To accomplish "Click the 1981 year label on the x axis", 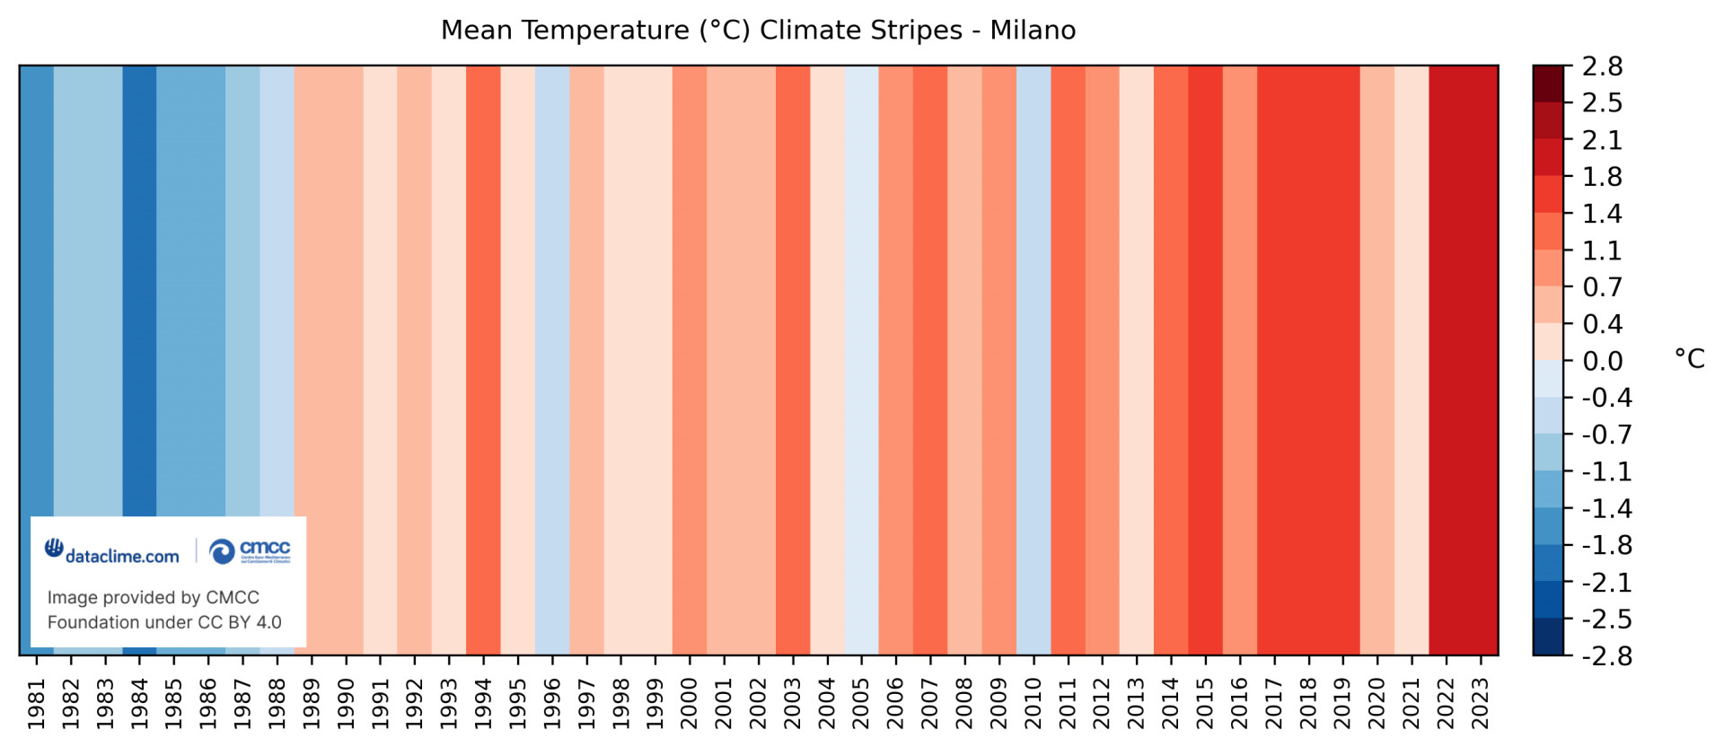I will [37, 703].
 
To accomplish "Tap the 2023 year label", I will [1481, 703].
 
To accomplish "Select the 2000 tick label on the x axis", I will [690, 703].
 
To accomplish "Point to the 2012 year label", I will [1103, 703].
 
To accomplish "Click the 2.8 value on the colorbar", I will [1602, 66].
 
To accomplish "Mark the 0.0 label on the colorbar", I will [1602, 361].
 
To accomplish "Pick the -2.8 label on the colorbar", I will [1605, 656].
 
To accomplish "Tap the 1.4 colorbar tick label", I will [1602, 214].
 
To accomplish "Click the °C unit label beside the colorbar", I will [1689, 359].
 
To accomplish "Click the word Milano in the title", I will [1033, 31].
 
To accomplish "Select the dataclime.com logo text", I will [121, 557].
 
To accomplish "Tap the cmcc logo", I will [251, 550].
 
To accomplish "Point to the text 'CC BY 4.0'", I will [240, 622].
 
